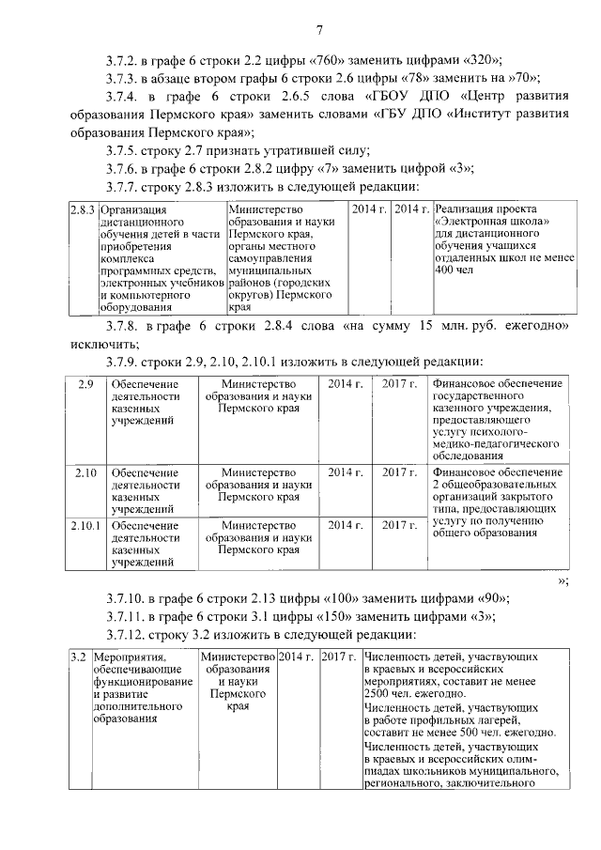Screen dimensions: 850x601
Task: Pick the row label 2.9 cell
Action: coord(85,384)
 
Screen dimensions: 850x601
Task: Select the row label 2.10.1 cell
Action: coord(85,525)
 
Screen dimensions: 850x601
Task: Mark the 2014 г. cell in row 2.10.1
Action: coord(345,525)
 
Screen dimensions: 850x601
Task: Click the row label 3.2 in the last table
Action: coord(80,657)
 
